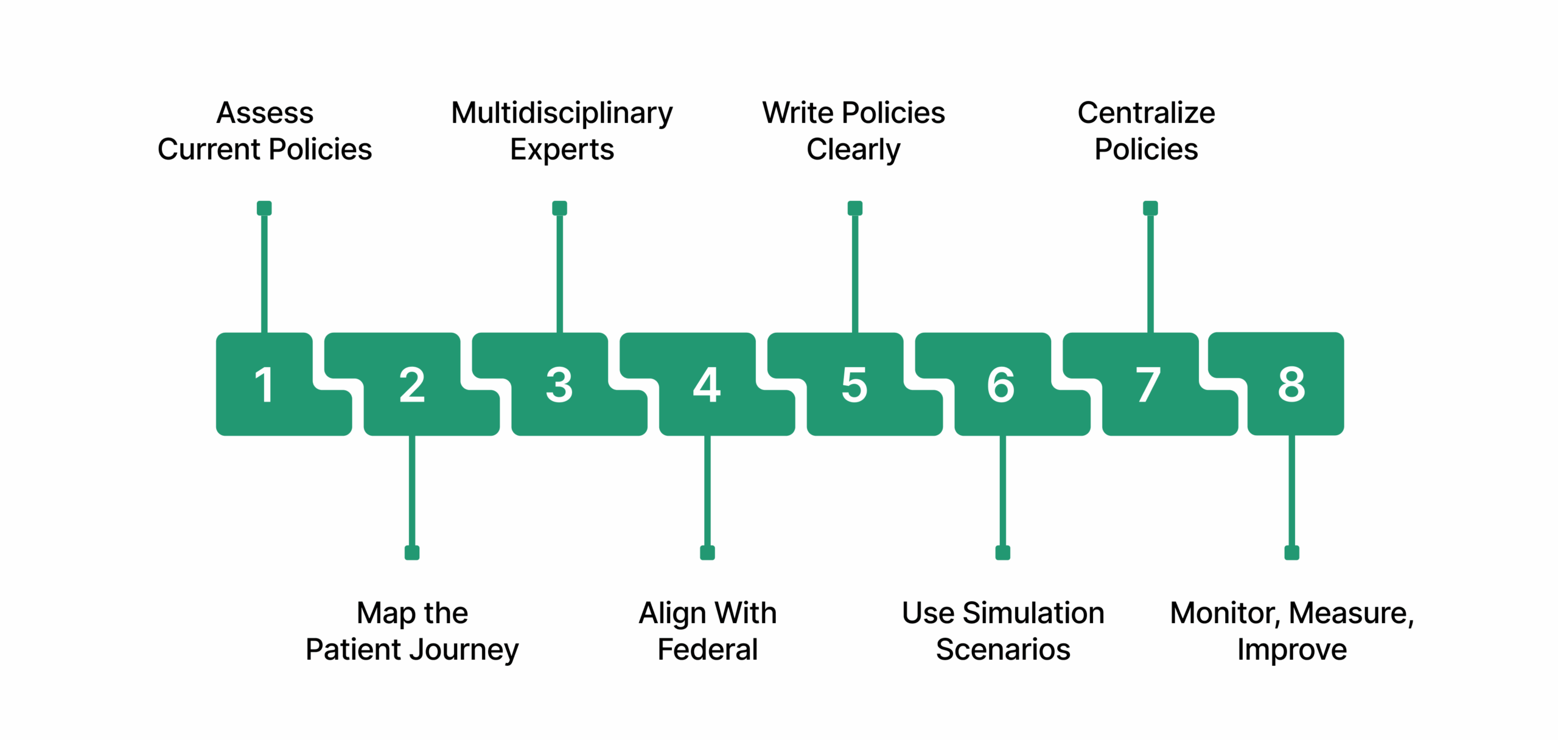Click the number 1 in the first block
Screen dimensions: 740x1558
(264, 385)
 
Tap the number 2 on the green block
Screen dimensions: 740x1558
(412, 385)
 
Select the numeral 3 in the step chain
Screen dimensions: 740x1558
(559, 385)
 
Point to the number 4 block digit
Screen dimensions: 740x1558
(707, 385)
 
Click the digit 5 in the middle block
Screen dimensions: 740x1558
(854, 385)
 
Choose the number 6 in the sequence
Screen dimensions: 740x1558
(1002, 385)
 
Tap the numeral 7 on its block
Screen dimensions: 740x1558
(1149, 385)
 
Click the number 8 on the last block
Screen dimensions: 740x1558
(1291, 385)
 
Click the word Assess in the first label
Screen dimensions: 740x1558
(265, 113)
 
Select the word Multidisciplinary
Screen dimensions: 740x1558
(562, 114)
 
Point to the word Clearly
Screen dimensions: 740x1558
(853, 150)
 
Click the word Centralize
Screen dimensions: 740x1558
(1146, 113)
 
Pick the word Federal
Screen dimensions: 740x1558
(707, 649)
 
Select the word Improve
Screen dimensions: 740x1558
(1291, 650)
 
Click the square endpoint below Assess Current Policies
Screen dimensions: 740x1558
(264, 208)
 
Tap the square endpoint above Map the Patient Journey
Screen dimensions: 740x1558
(412, 553)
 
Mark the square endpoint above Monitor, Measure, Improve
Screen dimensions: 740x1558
(1291, 553)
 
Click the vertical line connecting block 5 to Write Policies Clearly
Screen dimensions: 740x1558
(855, 274)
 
